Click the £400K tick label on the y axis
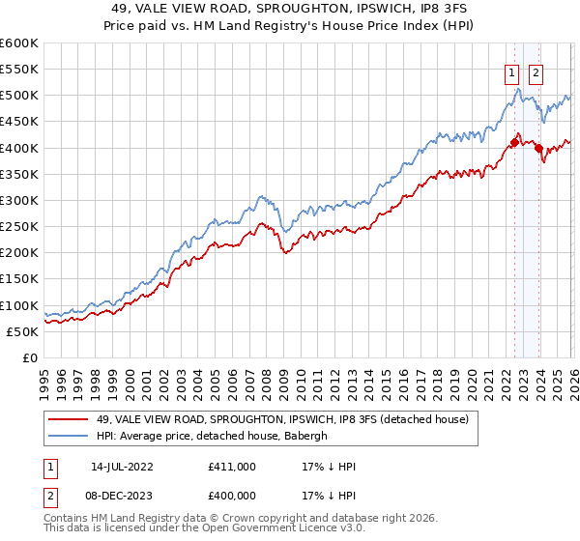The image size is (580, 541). coord(19,148)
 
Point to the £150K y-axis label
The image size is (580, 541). coord(19,279)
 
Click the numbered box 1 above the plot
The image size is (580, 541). coord(510,71)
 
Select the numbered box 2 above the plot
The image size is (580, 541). coord(536,71)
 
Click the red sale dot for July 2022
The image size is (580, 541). coord(514,142)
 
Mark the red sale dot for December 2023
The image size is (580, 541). coord(538,148)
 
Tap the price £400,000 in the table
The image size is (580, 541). coord(231,495)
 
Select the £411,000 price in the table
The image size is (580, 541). coord(231,467)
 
